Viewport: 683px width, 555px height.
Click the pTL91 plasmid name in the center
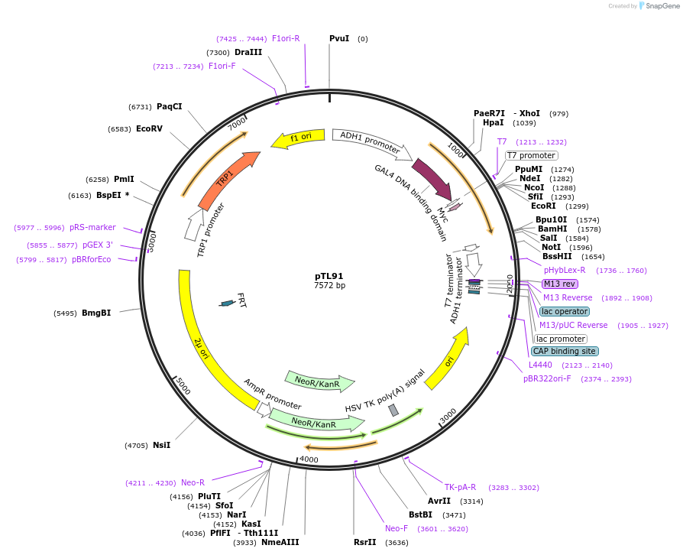tap(329, 276)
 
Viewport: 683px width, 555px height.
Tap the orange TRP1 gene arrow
tap(227, 180)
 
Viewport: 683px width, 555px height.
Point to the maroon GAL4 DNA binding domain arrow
tap(431, 177)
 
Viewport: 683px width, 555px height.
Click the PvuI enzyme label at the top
tap(339, 38)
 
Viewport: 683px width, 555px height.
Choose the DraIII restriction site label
tap(248, 52)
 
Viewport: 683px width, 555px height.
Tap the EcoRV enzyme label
tap(149, 128)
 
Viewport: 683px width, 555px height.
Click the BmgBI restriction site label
tap(96, 313)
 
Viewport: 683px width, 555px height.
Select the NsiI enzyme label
tap(161, 445)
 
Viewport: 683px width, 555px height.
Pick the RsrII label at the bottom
tap(365, 542)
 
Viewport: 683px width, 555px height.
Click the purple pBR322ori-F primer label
tap(547, 378)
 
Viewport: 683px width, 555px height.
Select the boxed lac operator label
tap(564, 311)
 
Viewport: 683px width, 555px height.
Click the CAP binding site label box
tap(564, 351)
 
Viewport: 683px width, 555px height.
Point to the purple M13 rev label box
tap(559, 284)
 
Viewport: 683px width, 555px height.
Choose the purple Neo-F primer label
tap(397, 528)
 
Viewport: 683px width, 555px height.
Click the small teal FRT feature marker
tap(227, 303)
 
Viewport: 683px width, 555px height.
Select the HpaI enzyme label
tap(494, 122)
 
